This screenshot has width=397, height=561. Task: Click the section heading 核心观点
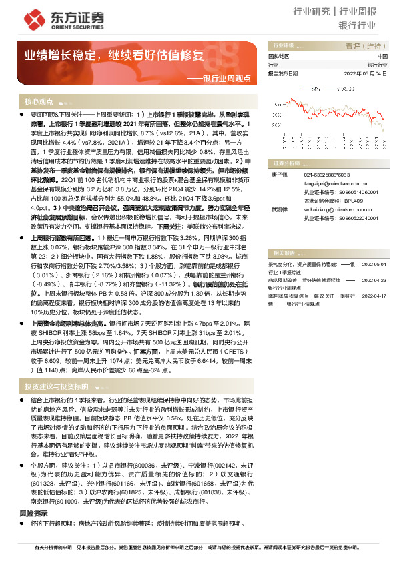click(39, 102)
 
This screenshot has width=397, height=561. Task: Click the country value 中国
click(382, 57)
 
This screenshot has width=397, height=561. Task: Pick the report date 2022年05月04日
click(365, 73)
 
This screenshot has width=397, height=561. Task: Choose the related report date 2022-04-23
click(374, 280)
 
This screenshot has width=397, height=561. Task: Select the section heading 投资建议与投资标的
click(57, 386)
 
